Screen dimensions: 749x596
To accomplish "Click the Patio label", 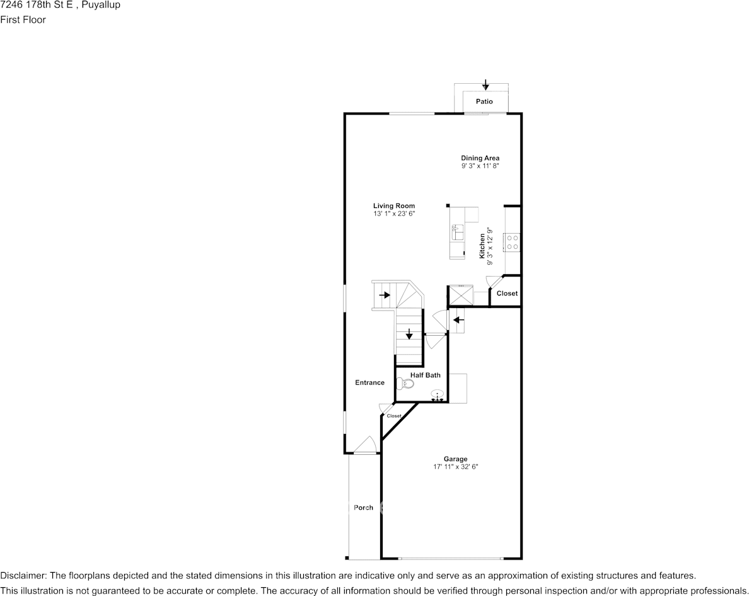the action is [x=484, y=101].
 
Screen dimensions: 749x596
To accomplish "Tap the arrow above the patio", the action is [x=486, y=85].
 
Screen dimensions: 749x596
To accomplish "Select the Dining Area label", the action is [x=480, y=158].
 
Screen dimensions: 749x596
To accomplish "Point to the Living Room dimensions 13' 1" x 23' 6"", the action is [x=394, y=214].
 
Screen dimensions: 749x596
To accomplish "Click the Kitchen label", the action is [x=482, y=246].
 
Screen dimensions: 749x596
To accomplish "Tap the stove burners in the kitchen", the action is [x=513, y=242].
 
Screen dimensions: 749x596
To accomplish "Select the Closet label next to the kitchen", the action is [x=507, y=294].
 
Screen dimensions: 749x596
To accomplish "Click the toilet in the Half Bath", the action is [x=405, y=383].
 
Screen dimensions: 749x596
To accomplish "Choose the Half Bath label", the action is [x=425, y=375].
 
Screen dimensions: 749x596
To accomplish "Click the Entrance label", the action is [x=369, y=382].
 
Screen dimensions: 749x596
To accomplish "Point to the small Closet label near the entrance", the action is [x=394, y=416].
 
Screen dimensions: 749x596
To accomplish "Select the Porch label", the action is [x=363, y=507].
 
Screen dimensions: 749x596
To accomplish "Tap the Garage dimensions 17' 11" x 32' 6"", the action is [x=456, y=467].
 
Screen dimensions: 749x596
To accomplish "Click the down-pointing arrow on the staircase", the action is [x=409, y=334].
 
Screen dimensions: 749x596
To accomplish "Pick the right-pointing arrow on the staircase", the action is [x=385, y=295].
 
